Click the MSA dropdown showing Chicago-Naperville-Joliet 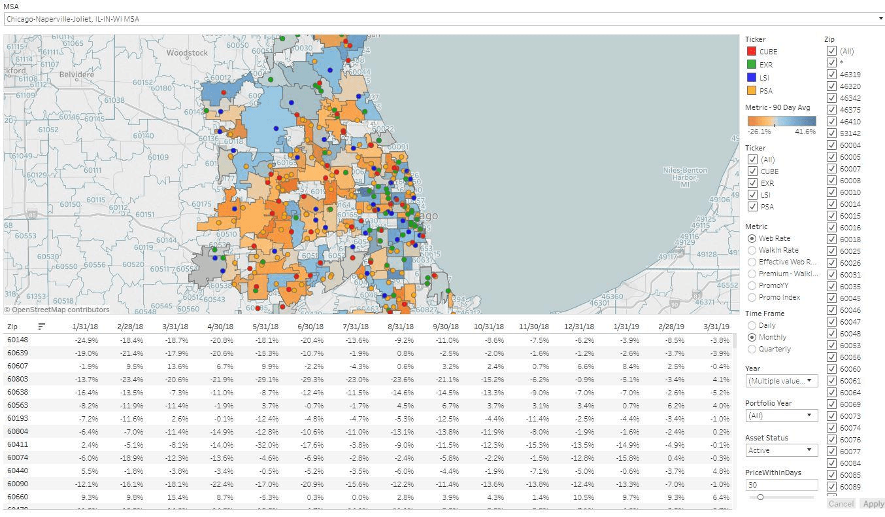tap(443, 19)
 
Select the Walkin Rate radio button tap(752, 250)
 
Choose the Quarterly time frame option tap(752, 349)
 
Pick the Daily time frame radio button tap(752, 325)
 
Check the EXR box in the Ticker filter tap(753, 183)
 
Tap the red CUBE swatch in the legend tap(752, 52)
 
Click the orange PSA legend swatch tap(752, 91)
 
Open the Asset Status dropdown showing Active tap(781, 450)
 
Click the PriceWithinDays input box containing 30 tap(781, 485)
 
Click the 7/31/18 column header tap(356, 327)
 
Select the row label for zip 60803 tap(18, 379)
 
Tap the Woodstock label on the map tap(187, 52)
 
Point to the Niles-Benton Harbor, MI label tap(685, 177)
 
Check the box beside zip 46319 tap(831, 75)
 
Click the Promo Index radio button tap(752, 297)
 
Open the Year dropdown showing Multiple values tap(781, 381)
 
